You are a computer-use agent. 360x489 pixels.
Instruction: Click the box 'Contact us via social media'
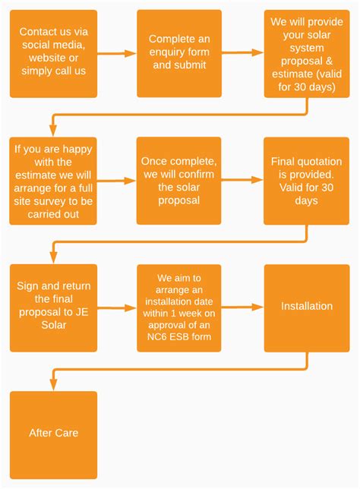[x=53, y=53]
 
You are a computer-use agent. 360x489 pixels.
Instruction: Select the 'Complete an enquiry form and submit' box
[x=179, y=53]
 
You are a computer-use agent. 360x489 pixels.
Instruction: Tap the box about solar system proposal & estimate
[x=307, y=53]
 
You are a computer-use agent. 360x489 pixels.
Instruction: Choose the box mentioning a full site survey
[x=53, y=181]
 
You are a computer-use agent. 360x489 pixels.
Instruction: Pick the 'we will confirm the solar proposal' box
[x=179, y=181]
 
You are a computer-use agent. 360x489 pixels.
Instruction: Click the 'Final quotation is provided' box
[x=307, y=181]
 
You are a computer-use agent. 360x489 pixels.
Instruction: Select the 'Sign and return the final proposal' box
[x=53, y=308]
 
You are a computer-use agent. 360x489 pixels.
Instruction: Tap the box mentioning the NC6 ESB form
[x=179, y=308]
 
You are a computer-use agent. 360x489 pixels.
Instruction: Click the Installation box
[x=307, y=308]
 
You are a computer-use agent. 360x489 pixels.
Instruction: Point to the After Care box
[x=53, y=434]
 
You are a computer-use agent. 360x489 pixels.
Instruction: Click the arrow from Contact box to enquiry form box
[x=117, y=53]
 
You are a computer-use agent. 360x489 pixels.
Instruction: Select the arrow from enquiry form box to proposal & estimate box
[x=243, y=53]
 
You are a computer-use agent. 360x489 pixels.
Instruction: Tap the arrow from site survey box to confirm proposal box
[x=117, y=181]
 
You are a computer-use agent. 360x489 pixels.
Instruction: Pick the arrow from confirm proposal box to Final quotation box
[x=243, y=181]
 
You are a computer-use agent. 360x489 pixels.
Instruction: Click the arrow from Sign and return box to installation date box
[x=117, y=308]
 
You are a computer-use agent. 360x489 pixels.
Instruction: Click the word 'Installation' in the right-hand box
[x=307, y=307]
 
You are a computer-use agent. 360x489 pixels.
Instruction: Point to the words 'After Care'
[x=53, y=434]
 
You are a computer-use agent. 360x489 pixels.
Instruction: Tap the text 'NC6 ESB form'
[x=179, y=337]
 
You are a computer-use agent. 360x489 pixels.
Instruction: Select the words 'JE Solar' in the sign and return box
[x=53, y=324]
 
